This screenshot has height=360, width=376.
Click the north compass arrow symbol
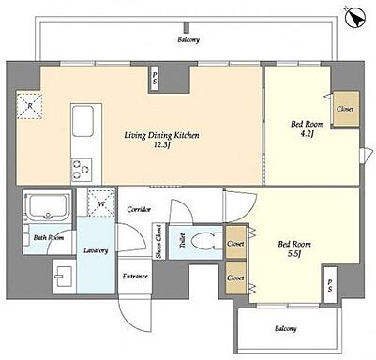[355, 16]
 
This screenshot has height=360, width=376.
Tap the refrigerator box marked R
[29, 106]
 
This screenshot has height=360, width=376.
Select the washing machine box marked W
[101, 203]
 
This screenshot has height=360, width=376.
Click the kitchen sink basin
[83, 121]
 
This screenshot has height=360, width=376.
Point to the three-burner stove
[82, 170]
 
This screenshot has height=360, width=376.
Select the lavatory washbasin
[64, 277]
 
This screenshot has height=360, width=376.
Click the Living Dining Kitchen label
[161, 135]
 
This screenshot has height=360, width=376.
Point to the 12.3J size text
[161, 145]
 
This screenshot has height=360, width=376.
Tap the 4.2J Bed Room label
[308, 129]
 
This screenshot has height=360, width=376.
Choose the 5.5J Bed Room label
[294, 248]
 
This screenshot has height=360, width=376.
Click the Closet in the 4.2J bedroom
[345, 109]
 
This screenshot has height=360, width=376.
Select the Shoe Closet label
[158, 242]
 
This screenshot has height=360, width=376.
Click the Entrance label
[135, 277]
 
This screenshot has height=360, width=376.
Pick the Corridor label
[139, 209]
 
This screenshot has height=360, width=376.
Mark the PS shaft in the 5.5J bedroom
[330, 285]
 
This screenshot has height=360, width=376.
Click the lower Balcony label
[286, 329]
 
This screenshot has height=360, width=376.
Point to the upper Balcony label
[188, 40]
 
